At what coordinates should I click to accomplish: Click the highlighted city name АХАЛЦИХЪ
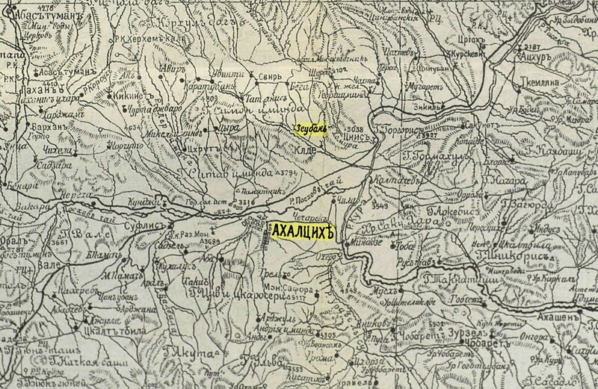point(301,233)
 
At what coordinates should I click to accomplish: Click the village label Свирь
point(249,76)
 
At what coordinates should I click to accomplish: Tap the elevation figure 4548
point(351,287)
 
